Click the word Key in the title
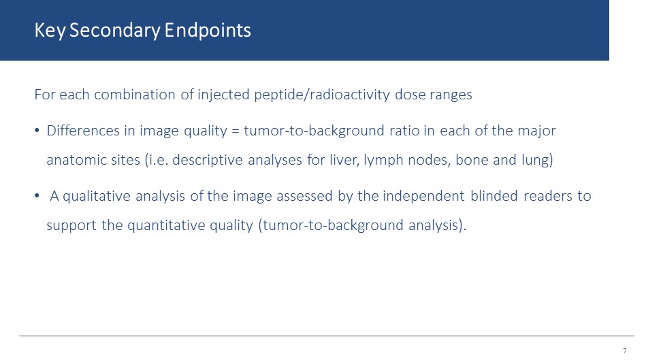tap(50, 31)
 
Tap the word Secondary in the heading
tap(114, 31)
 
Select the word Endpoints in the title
tap(208, 31)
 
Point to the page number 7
tap(625, 350)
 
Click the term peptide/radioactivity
tap(322, 95)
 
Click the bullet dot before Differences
tap(37, 130)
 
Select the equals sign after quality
tap(236, 131)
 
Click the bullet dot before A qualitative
tap(37, 195)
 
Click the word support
tap(71, 226)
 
